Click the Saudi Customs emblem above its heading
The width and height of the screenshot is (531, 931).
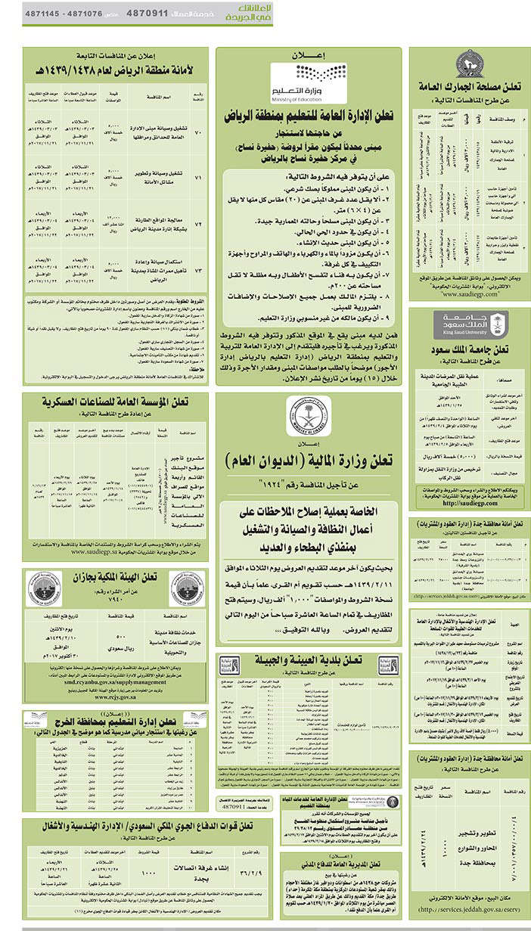point(469,64)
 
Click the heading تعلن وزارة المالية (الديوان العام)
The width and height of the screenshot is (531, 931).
point(309,460)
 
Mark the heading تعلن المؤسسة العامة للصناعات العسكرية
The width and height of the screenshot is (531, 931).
point(113,402)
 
